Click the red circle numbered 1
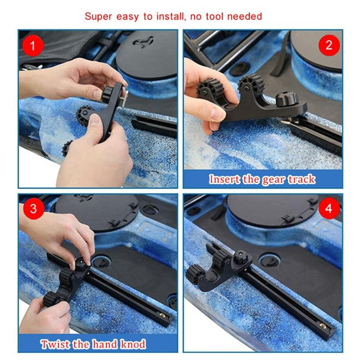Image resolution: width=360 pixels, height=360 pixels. (33, 46)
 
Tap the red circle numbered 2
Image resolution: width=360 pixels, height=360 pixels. (329, 45)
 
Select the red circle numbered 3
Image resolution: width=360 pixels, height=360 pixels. (34, 209)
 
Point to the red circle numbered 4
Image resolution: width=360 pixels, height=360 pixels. (329, 208)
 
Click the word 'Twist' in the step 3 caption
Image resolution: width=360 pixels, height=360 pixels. (56, 344)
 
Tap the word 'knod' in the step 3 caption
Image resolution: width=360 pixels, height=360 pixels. (133, 344)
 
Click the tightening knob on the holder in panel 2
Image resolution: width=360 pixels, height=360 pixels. (287, 99)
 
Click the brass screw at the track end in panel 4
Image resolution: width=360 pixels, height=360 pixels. (323, 325)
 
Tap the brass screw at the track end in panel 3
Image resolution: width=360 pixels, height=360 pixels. (162, 315)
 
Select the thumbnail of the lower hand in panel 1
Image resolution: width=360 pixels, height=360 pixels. (95, 119)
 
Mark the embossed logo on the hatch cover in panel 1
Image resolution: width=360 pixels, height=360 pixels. (144, 43)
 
